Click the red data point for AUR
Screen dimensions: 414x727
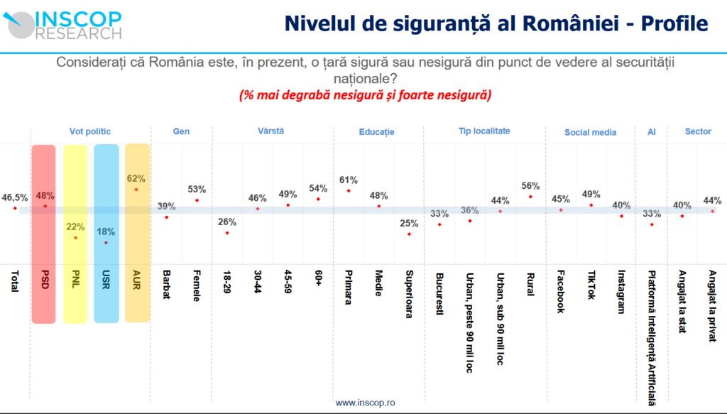click(136, 190)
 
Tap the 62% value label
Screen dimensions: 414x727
click(137, 179)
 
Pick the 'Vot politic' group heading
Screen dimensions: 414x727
click(90, 131)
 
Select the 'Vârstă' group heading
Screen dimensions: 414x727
click(272, 131)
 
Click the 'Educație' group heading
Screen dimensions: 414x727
click(377, 132)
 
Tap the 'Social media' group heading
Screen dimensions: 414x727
click(591, 132)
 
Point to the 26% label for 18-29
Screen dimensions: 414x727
click(227, 222)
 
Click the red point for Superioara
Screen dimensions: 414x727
click(409, 234)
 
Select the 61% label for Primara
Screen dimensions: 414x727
click(349, 180)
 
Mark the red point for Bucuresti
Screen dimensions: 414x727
click(439, 224)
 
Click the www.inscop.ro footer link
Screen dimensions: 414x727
click(366, 403)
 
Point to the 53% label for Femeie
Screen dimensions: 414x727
click(197, 190)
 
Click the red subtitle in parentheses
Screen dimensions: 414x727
click(365, 94)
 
